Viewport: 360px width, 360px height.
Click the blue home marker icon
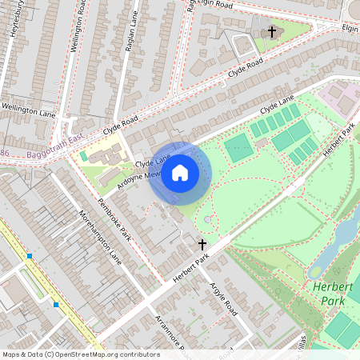[x=180, y=173]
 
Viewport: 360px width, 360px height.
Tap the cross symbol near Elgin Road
[x=272, y=32]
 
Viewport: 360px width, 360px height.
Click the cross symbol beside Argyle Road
[x=202, y=243]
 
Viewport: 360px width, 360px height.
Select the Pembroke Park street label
[x=114, y=218]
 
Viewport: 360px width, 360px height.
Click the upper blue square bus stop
[x=30, y=256]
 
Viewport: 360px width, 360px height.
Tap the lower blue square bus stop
[x=56, y=304]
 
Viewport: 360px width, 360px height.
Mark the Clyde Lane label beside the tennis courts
[x=278, y=104]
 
